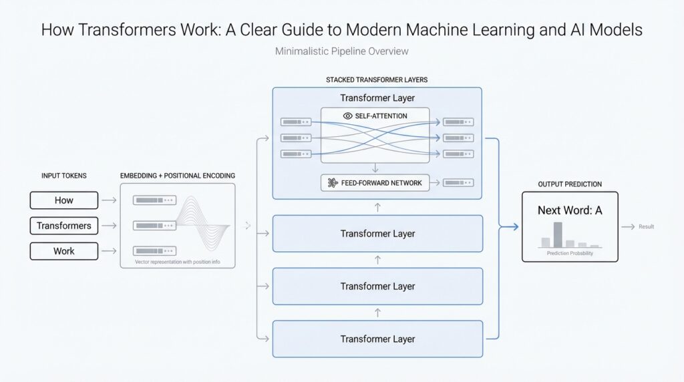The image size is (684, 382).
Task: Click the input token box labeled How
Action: (64, 200)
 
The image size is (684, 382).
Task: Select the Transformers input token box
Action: (64, 226)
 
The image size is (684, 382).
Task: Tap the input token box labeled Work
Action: (64, 251)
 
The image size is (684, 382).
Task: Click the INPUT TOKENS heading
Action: (63, 176)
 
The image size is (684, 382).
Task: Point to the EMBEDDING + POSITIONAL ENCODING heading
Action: (178, 176)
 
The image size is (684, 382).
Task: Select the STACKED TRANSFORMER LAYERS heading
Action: (377, 79)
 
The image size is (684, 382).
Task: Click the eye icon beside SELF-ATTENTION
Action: (347, 116)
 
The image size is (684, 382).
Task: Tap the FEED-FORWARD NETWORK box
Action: (375, 182)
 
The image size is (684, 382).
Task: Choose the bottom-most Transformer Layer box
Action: (377, 339)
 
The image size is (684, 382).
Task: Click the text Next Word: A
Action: (570, 210)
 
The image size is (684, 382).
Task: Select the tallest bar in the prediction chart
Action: (558, 234)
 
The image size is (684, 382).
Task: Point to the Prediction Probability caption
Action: (570, 254)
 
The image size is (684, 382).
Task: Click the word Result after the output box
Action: (646, 227)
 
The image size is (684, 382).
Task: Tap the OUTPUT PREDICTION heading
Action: (570, 184)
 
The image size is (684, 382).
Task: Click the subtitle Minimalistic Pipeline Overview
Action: (341, 51)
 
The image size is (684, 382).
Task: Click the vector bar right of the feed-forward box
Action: (458, 182)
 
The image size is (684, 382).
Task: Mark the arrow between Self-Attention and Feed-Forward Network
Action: (375, 168)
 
